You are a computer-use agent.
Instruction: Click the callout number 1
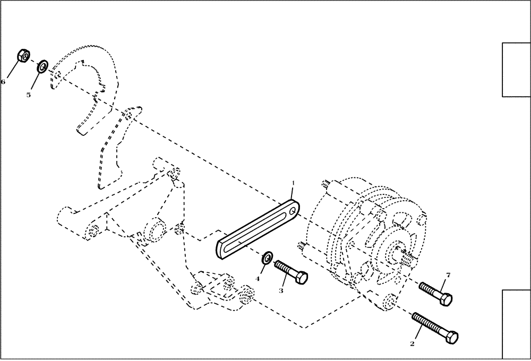pyautogui.click(x=292, y=184)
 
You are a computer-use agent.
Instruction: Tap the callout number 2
pyautogui.click(x=412, y=343)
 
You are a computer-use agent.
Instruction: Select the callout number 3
pyautogui.click(x=281, y=290)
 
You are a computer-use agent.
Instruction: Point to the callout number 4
pyautogui.click(x=258, y=278)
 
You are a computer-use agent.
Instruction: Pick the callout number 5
pyautogui.click(x=29, y=94)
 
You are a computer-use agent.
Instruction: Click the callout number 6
pyautogui.click(x=3, y=82)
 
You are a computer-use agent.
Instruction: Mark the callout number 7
pyautogui.click(x=448, y=275)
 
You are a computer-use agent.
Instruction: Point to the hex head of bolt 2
pyautogui.click(x=452, y=336)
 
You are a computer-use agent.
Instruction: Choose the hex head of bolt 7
pyautogui.click(x=446, y=299)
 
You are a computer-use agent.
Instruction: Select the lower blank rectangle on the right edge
pyautogui.click(x=516, y=324)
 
